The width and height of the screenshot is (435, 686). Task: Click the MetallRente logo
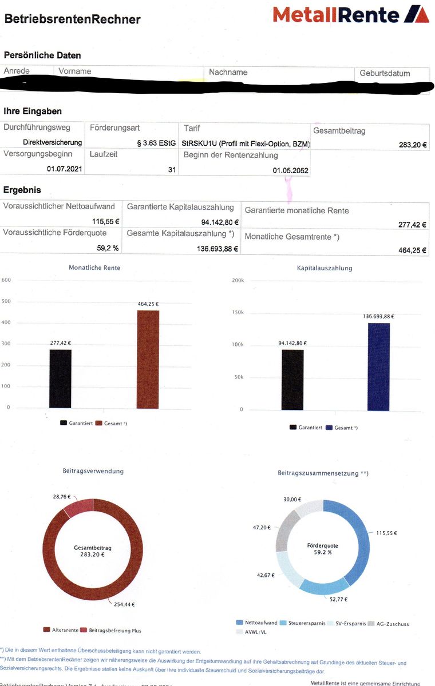pyautogui.click(x=351, y=14)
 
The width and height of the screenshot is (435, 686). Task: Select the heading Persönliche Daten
pyautogui.click(x=42, y=55)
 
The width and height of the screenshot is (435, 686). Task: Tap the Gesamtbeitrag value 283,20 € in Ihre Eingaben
pyautogui.click(x=413, y=145)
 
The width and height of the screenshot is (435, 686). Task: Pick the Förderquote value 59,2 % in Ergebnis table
pyautogui.click(x=108, y=249)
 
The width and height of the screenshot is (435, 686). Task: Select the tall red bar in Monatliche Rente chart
pyautogui.click(x=148, y=360)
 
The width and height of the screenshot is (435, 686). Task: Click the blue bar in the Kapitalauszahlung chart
pyautogui.click(x=378, y=366)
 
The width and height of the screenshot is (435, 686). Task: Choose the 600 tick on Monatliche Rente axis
pyautogui.click(x=6, y=280)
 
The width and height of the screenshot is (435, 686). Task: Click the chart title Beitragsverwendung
pyautogui.click(x=93, y=471)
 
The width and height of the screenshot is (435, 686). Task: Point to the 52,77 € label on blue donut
pyautogui.click(x=339, y=599)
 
